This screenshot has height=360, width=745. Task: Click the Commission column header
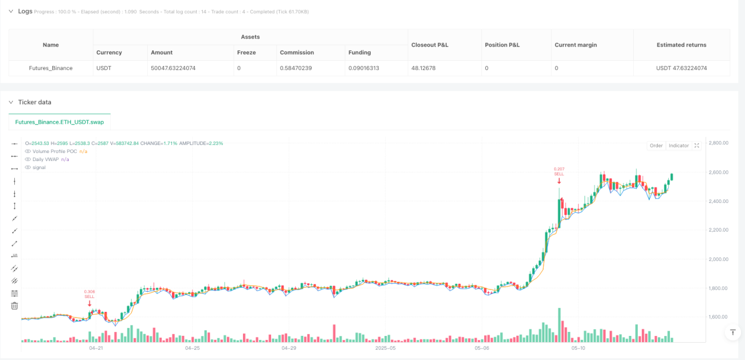(297, 53)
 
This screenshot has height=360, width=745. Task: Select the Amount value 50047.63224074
(173, 68)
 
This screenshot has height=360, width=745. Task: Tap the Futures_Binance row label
(50, 68)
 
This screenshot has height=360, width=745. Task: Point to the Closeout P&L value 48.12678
(424, 68)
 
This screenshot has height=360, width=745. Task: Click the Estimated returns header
(681, 45)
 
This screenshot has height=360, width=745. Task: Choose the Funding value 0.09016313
(363, 68)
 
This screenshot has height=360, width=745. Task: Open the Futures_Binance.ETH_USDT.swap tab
(60, 122)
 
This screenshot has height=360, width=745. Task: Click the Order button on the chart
(656, 146)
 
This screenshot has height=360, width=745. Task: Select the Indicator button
(679, 146)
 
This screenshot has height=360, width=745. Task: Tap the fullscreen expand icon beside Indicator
(697, 146)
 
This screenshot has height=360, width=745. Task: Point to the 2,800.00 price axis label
(719, 143)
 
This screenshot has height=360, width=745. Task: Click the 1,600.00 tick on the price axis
(718, 317)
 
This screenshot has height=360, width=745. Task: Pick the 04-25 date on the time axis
(192, 348)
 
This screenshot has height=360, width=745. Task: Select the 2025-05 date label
(386, 348)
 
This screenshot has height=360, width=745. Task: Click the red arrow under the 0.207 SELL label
(559, 181)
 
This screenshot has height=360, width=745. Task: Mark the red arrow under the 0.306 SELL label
(89, 303)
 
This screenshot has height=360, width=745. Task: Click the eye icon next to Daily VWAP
(28, 159)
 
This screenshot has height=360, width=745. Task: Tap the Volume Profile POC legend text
(55, 151)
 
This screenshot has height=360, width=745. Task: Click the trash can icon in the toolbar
(14, 306)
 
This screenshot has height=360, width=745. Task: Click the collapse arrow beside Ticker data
(11, 102)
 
